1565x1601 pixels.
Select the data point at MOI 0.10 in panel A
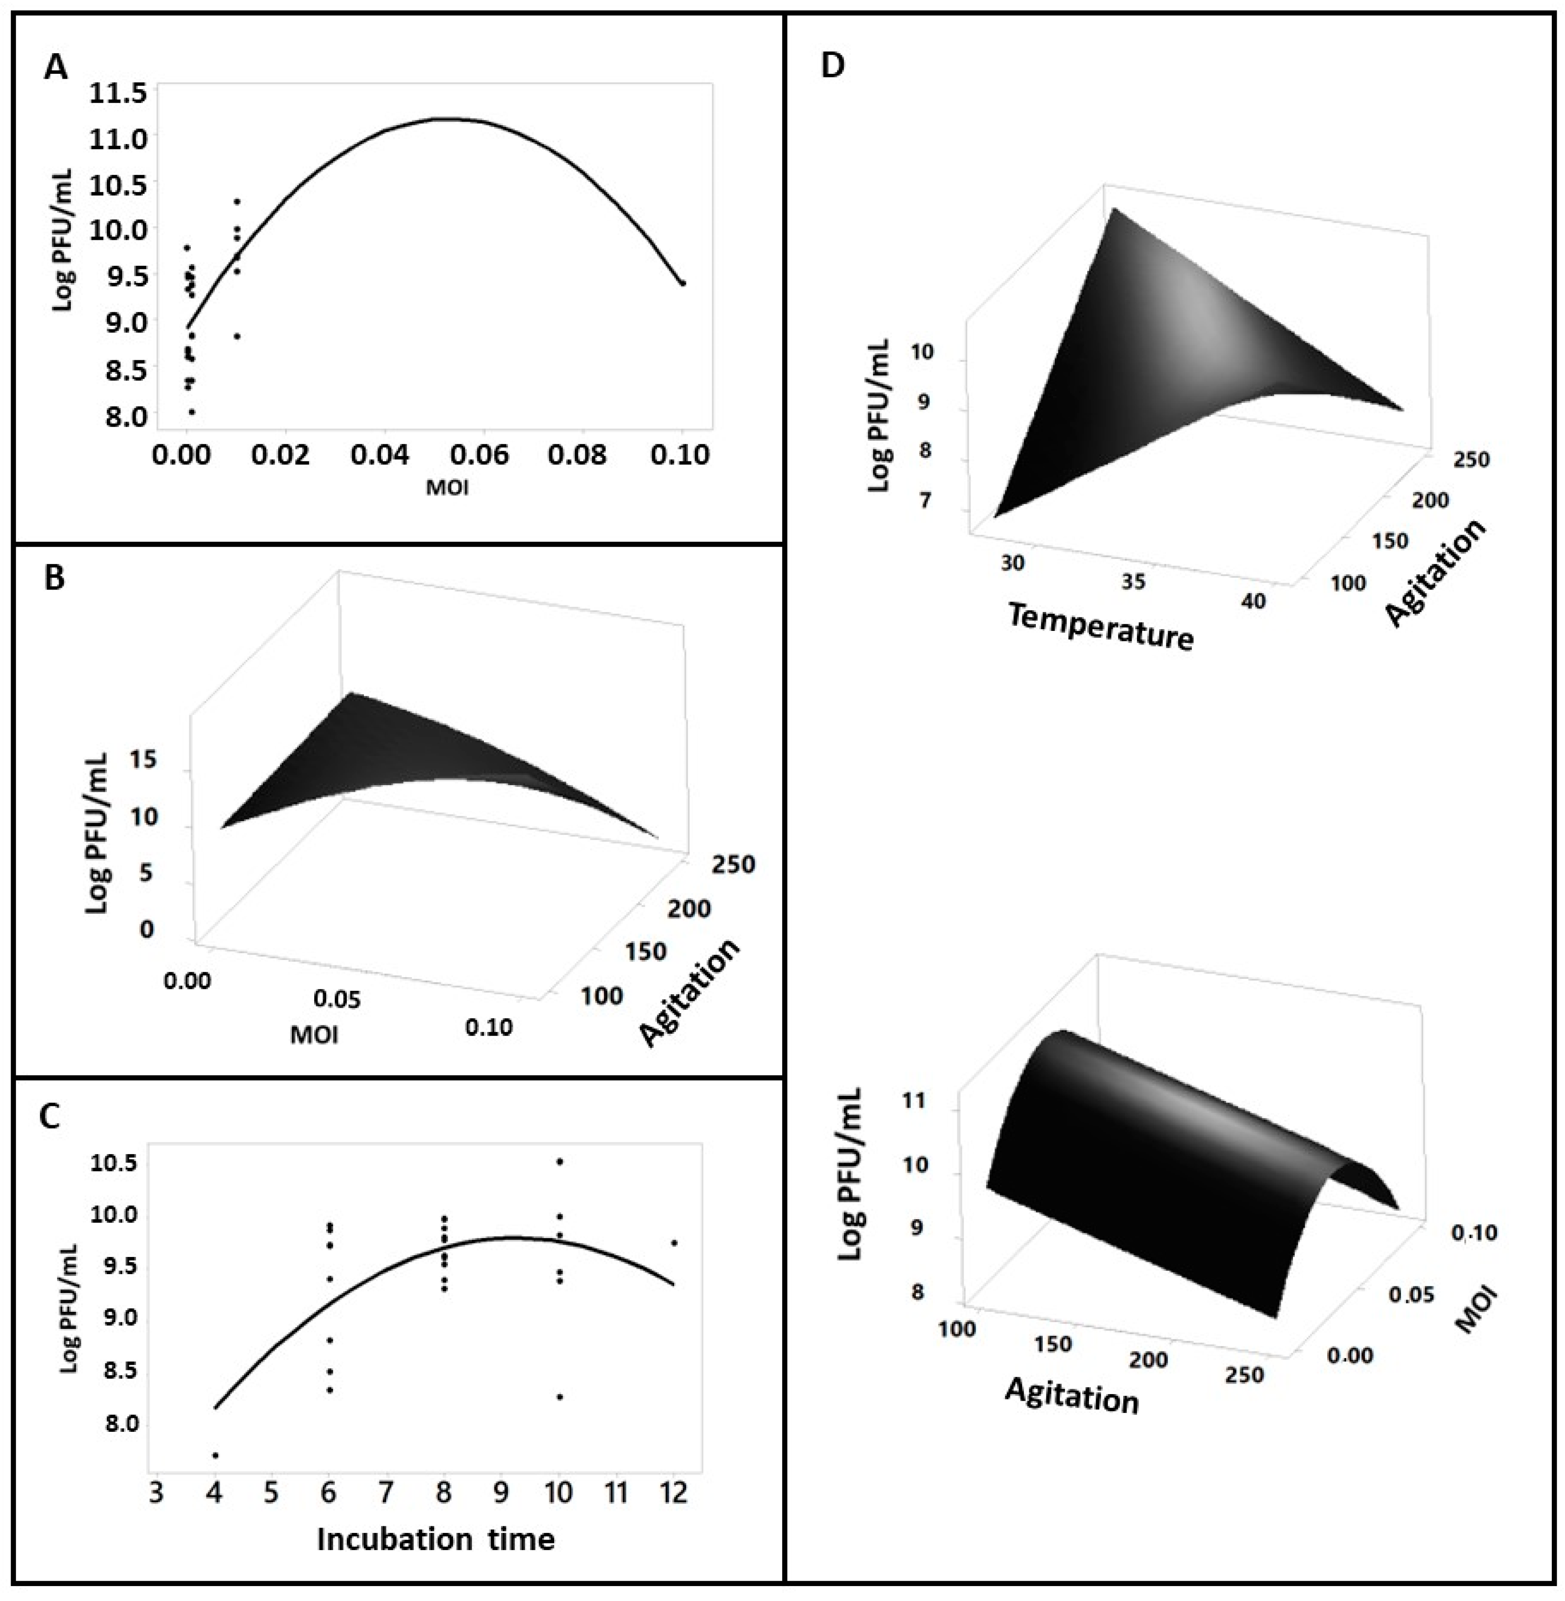682,283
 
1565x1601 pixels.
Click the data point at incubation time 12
674,1242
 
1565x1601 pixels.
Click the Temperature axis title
1100,626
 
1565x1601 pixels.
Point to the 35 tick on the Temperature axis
1133,582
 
